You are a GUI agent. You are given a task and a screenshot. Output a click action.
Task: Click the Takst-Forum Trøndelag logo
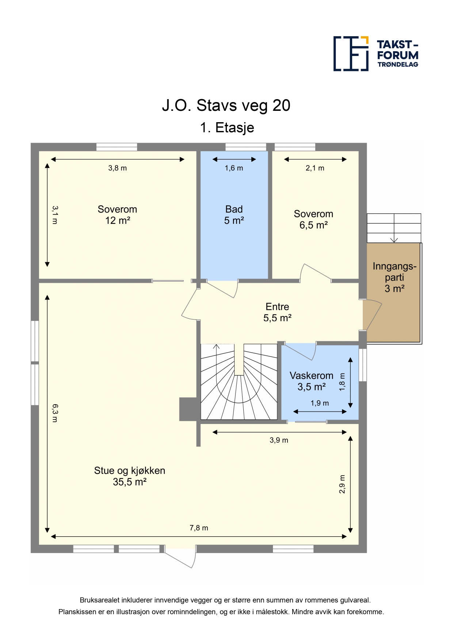pos(376,53)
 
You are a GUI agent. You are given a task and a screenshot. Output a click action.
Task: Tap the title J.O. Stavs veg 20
pos(226,105)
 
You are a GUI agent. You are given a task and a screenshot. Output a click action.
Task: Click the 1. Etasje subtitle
pos(227,128)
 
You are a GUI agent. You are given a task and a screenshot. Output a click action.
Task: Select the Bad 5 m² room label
pos(234,215)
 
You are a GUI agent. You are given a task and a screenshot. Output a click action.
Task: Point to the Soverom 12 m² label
pos(117,215)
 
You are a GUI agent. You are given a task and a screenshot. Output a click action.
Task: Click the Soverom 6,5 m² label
pos(313,219)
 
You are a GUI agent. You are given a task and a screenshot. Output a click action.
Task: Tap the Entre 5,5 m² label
pos(277,312)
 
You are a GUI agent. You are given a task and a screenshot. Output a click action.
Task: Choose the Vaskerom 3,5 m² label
pos(311,381)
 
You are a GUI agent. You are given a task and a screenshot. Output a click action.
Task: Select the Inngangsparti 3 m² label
pos(395,277)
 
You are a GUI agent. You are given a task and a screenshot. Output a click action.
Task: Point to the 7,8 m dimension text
pos(199,528)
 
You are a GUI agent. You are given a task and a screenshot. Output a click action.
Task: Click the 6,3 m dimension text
pos(55,413)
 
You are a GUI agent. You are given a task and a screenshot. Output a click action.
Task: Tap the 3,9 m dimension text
pos(279,440)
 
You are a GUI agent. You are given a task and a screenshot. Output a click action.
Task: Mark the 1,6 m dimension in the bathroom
pos(234,168)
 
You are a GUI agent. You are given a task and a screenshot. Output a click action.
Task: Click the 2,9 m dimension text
pos(342,484)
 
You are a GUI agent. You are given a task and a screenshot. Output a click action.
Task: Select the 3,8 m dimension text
pos(117,168)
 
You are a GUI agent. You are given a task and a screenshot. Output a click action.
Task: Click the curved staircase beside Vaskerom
pos(239,382)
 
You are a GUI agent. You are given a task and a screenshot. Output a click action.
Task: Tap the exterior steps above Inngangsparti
pos(394,228)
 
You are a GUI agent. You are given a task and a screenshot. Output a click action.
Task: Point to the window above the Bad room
pos(245,147)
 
